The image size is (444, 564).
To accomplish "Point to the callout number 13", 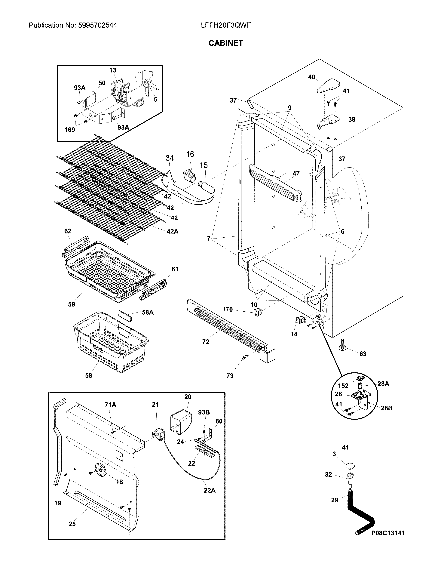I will (113, 70).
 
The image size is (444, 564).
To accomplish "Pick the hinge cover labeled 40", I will (328, 86).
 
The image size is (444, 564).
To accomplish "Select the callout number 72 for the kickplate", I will (205, 342).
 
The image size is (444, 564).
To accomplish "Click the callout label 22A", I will (210, 490).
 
